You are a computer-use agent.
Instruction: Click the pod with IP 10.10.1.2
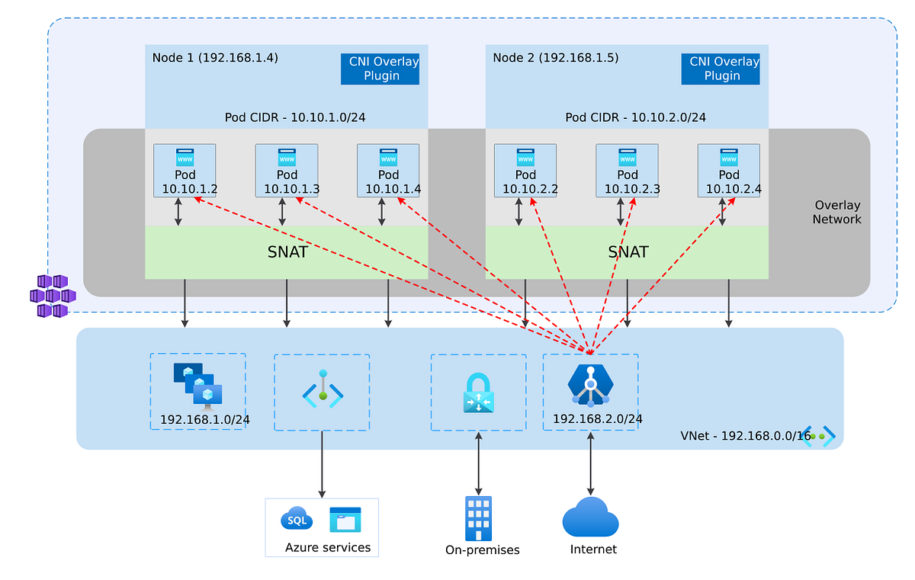click(185, 171)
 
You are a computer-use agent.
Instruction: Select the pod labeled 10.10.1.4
click(388, 171)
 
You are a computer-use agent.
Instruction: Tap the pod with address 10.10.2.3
click(627, 171)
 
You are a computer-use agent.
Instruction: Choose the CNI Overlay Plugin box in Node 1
click(380, 69)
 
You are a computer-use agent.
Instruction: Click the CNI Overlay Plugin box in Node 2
click(721, 69)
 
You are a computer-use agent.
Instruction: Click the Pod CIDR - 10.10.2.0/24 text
click(635, 117)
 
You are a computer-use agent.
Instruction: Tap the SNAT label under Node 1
click(287, 252)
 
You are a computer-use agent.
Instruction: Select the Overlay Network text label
click(836, 212)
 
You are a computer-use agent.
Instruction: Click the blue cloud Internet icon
click(590, 518)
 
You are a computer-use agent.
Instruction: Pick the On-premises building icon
click(478, 518)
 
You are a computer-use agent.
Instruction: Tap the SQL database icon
click(296, 520)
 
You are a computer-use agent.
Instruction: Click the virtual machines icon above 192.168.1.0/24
click(197, 384)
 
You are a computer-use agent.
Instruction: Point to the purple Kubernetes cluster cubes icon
click(52, 296)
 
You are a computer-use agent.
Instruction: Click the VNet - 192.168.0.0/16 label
click(746, 436)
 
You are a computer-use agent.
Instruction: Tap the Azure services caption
click(328, 547)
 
